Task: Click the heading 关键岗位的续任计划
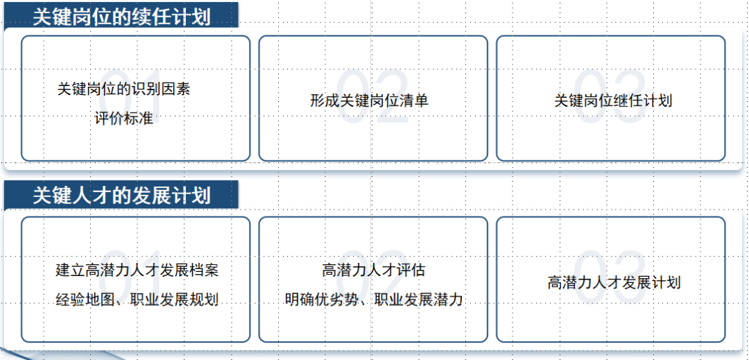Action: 121,17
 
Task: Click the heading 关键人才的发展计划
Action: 121,196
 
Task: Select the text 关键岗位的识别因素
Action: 123,89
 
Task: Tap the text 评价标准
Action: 123,119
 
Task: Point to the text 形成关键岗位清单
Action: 369,101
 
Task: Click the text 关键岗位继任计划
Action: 613,101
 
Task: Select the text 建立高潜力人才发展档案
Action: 137,271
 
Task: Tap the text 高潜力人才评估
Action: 373,271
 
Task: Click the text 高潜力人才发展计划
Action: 614,283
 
